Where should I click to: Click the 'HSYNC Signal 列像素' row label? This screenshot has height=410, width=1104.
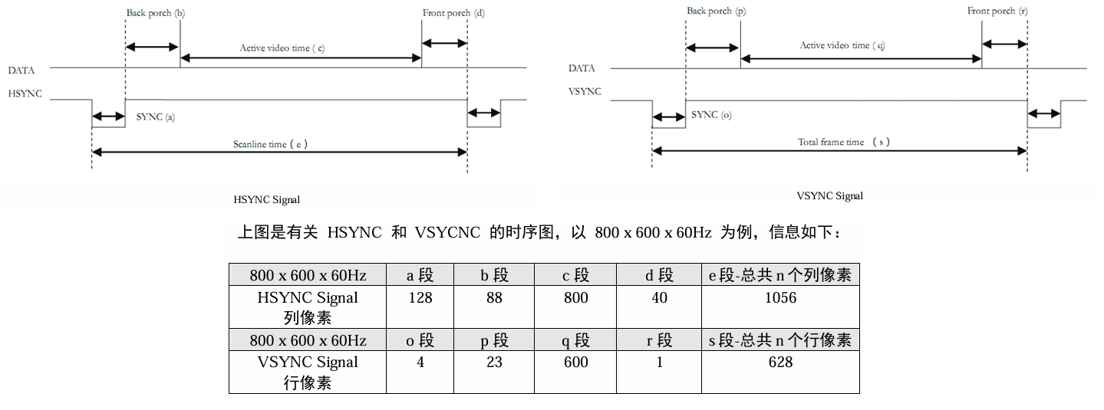click(x=308, y=307)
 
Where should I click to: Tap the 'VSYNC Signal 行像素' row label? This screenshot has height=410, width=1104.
click(x=308, y=372)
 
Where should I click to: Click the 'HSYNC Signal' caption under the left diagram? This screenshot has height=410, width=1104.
click(x=266, y=200)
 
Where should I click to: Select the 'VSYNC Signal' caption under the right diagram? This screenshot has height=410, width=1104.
click(x=829, y=196)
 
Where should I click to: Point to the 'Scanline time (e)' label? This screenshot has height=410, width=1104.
click(x=270, y=144)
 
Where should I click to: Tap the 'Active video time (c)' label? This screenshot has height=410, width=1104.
click(x=282, y=48)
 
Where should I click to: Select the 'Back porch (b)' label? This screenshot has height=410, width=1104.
click(x=155, y=14)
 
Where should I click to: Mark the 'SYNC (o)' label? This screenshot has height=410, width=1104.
click(x=711, y=115)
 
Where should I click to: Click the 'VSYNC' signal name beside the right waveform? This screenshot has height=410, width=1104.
click(x=585, y=91)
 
